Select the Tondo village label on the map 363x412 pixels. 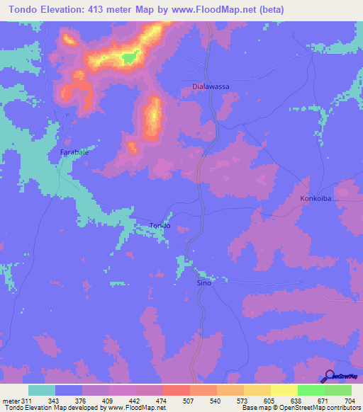point(160,226)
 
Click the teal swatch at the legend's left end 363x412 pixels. point(42,390)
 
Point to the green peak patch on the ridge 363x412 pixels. point(128,57)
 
